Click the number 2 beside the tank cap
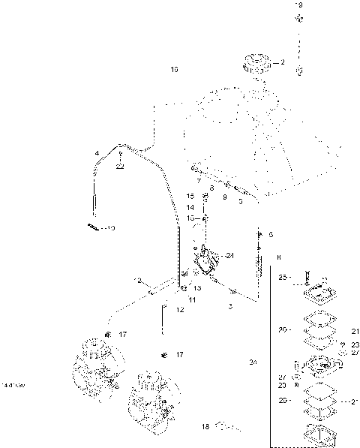[283, 62]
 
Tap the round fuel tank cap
[257, 65]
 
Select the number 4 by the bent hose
[97, 153]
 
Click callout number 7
[199, 181]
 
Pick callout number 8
[211, 188]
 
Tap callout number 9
[224, 196]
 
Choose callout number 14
[190, 206]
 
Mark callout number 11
[192, 300]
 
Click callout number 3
[231, 307]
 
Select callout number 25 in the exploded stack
[282, 277]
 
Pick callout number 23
[355, 344]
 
